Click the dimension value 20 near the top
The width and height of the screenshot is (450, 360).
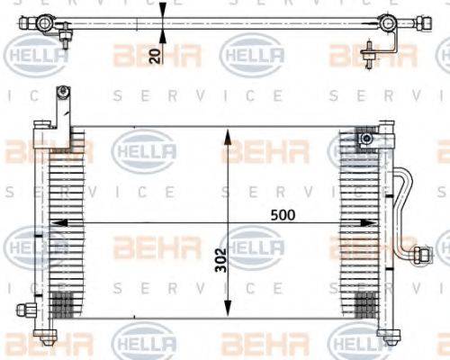[154, 57]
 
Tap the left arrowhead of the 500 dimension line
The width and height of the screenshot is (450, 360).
[53, 224]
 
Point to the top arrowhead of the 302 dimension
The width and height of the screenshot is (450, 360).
[228, 135]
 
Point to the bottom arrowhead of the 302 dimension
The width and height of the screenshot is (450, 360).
[228, 307]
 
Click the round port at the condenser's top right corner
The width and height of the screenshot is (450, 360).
[365, 139]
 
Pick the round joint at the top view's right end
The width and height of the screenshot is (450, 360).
[387, 23]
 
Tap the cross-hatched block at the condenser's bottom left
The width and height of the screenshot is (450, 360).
[61, 301]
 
